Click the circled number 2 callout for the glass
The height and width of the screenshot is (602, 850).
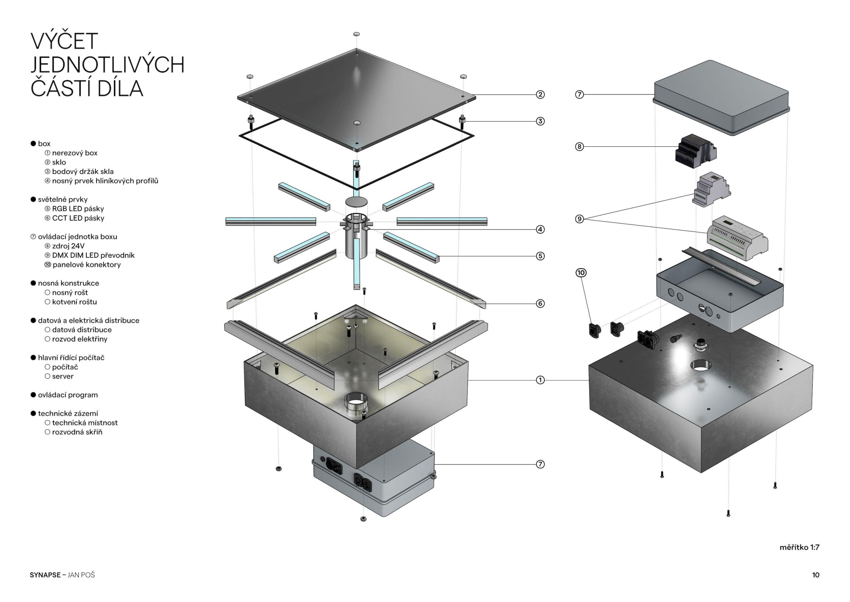pos(540,95)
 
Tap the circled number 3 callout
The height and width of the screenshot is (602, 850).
pos(540,121)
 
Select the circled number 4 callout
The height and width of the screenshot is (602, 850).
pos(540,229)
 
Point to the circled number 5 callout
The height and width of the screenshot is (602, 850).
pos(540,256)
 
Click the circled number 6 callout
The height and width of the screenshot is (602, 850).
pos(540,304)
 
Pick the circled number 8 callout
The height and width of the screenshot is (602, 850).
pos(579,146)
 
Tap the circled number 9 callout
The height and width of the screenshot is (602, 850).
pos(579,219)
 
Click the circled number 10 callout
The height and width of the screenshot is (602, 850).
pos(581,273)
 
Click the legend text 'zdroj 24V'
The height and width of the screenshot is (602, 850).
pos(68,246)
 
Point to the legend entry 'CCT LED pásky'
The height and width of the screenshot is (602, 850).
pos(78,218)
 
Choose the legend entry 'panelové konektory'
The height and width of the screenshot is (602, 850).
pos(86,265)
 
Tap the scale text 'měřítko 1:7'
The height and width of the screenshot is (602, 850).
pos(799,547)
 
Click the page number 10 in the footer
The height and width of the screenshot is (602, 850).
pos(816,575)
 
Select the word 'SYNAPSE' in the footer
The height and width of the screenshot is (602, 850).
pos(45,575)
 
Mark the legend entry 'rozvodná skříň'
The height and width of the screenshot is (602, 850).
pos(77,432)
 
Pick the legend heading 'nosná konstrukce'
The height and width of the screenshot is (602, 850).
pos(68,283)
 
